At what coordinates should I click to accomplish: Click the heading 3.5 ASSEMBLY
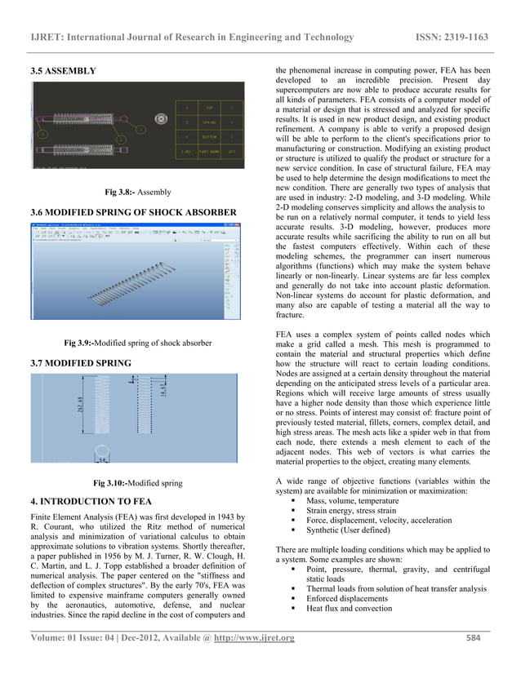click(x=62, y=70)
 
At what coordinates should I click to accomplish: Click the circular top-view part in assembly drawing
click(x=161, y=120)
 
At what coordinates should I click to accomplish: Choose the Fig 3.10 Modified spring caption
click(x=137, y=484)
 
